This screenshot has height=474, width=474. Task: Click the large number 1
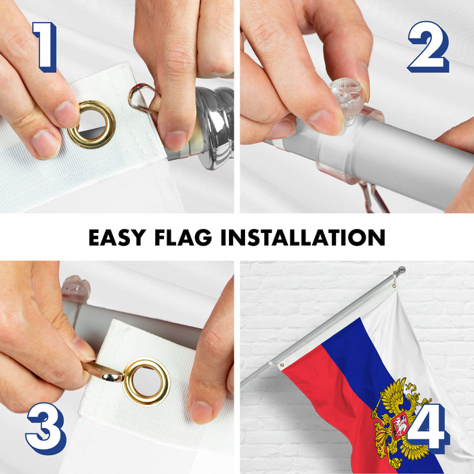pyautogui.click(x=43, y=47)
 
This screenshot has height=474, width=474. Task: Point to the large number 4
pyautogui.click(x=427, y=428)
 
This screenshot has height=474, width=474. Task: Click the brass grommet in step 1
pyautogui.click(x=91, y=125)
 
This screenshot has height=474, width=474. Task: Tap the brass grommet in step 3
pyautogui.click(x=146, y=381)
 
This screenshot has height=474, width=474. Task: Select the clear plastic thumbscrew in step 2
pyautogui.click(x=346, y=100)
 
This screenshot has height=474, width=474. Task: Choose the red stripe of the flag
pyautogui.click(x=325, y=406)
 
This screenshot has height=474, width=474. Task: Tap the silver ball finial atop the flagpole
pyautogui.click(x=401, y=271)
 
